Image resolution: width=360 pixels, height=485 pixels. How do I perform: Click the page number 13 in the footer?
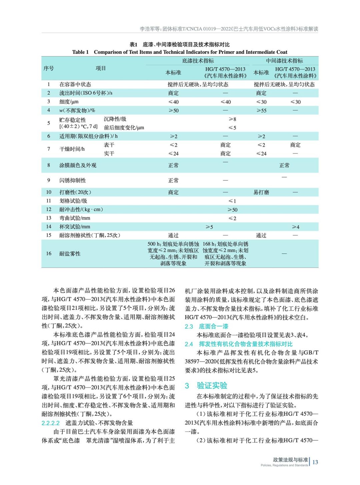coord(315,462)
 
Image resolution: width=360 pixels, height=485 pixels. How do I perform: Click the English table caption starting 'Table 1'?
coord(179,52)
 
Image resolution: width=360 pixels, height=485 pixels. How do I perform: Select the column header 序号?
coord(49,68)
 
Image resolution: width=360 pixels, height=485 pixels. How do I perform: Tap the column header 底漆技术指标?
coord(198,61)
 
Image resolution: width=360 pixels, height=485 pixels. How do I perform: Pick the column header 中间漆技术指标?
coord(284,61)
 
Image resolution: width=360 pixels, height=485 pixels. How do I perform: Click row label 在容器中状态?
coord(75,84)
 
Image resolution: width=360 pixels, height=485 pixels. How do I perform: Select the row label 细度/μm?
coord(69,102)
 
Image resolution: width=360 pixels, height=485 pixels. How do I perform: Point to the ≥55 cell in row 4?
coord(261,110)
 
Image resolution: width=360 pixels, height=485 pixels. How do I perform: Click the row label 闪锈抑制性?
coord(73,180)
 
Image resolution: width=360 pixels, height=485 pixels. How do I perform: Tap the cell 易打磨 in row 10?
coord(261,192)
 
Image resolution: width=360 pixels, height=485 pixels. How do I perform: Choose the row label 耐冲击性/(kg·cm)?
coord(81,209)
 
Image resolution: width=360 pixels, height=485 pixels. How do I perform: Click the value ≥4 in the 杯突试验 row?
coord(295,227)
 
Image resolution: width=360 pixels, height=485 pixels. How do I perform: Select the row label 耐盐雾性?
coord(70,254)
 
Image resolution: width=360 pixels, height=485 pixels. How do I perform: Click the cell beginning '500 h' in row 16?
coord(173,254)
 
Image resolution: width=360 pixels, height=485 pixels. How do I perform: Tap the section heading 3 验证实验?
coord(206,386)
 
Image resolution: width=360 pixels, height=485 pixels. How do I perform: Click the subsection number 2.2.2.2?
coord(51,423)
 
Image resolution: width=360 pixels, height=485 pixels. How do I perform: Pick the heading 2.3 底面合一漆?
coord(207,326)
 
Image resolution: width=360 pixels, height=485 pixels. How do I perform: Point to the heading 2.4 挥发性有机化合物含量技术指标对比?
coord(239,344)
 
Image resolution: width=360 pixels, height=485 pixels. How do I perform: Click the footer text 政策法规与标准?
coord(290,460)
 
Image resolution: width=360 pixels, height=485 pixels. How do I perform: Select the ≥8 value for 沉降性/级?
coord(232,119)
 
